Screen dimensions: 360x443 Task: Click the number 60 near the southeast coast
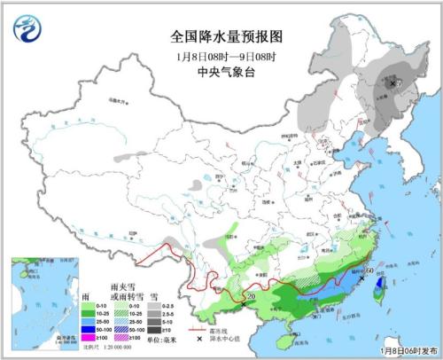click(x=369, y=269)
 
